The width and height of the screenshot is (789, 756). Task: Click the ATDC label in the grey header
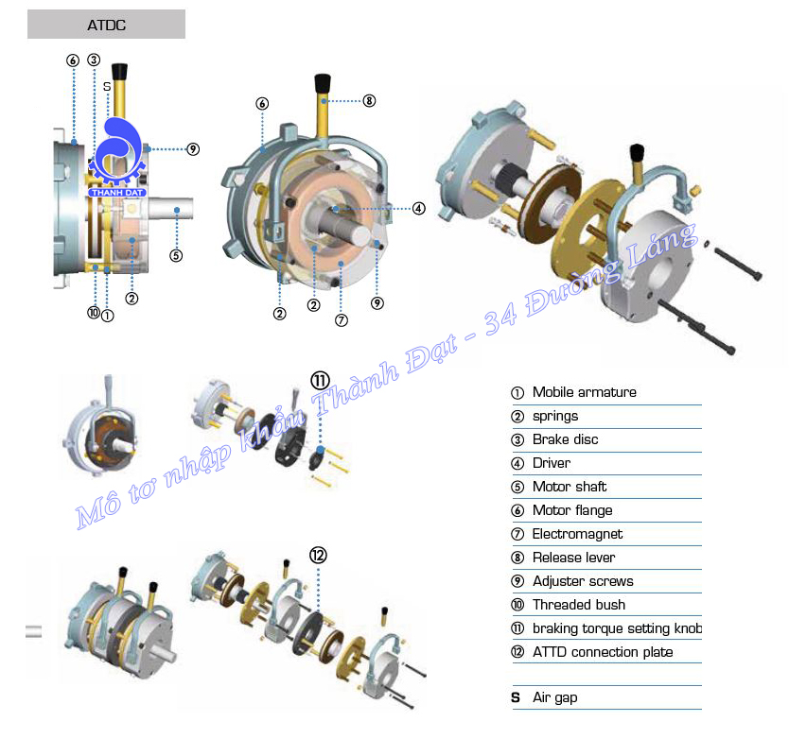pos(105,25)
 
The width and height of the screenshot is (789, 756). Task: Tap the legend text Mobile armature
pos(584,392)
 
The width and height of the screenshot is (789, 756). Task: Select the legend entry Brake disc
pos(565,439)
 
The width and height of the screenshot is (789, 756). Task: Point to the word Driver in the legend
pos(552,463)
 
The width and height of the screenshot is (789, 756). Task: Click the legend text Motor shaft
pos(570,487)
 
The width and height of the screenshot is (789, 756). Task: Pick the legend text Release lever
pos(573,558)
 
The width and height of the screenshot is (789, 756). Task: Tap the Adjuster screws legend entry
pos(583,581)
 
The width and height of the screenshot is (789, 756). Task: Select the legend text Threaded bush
pos(579,605)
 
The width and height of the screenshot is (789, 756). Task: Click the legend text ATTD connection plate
pos(603,652)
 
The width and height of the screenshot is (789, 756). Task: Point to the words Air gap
pos(554,697)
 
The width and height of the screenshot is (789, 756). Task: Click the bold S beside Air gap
pos(516,697)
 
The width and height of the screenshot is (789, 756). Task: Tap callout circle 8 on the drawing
pos(369,100)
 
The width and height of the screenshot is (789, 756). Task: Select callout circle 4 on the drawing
pos(418,208)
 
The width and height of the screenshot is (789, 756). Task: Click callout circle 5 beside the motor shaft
pos(175,254)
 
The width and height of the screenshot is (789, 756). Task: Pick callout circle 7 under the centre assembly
pos(342,319)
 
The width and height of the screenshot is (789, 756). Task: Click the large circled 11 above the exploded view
pos(320,380)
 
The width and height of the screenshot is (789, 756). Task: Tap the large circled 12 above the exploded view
pos(319,555)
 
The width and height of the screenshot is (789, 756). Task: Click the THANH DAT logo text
pos(115,192)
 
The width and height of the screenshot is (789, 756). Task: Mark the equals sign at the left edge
pos(33,631)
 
